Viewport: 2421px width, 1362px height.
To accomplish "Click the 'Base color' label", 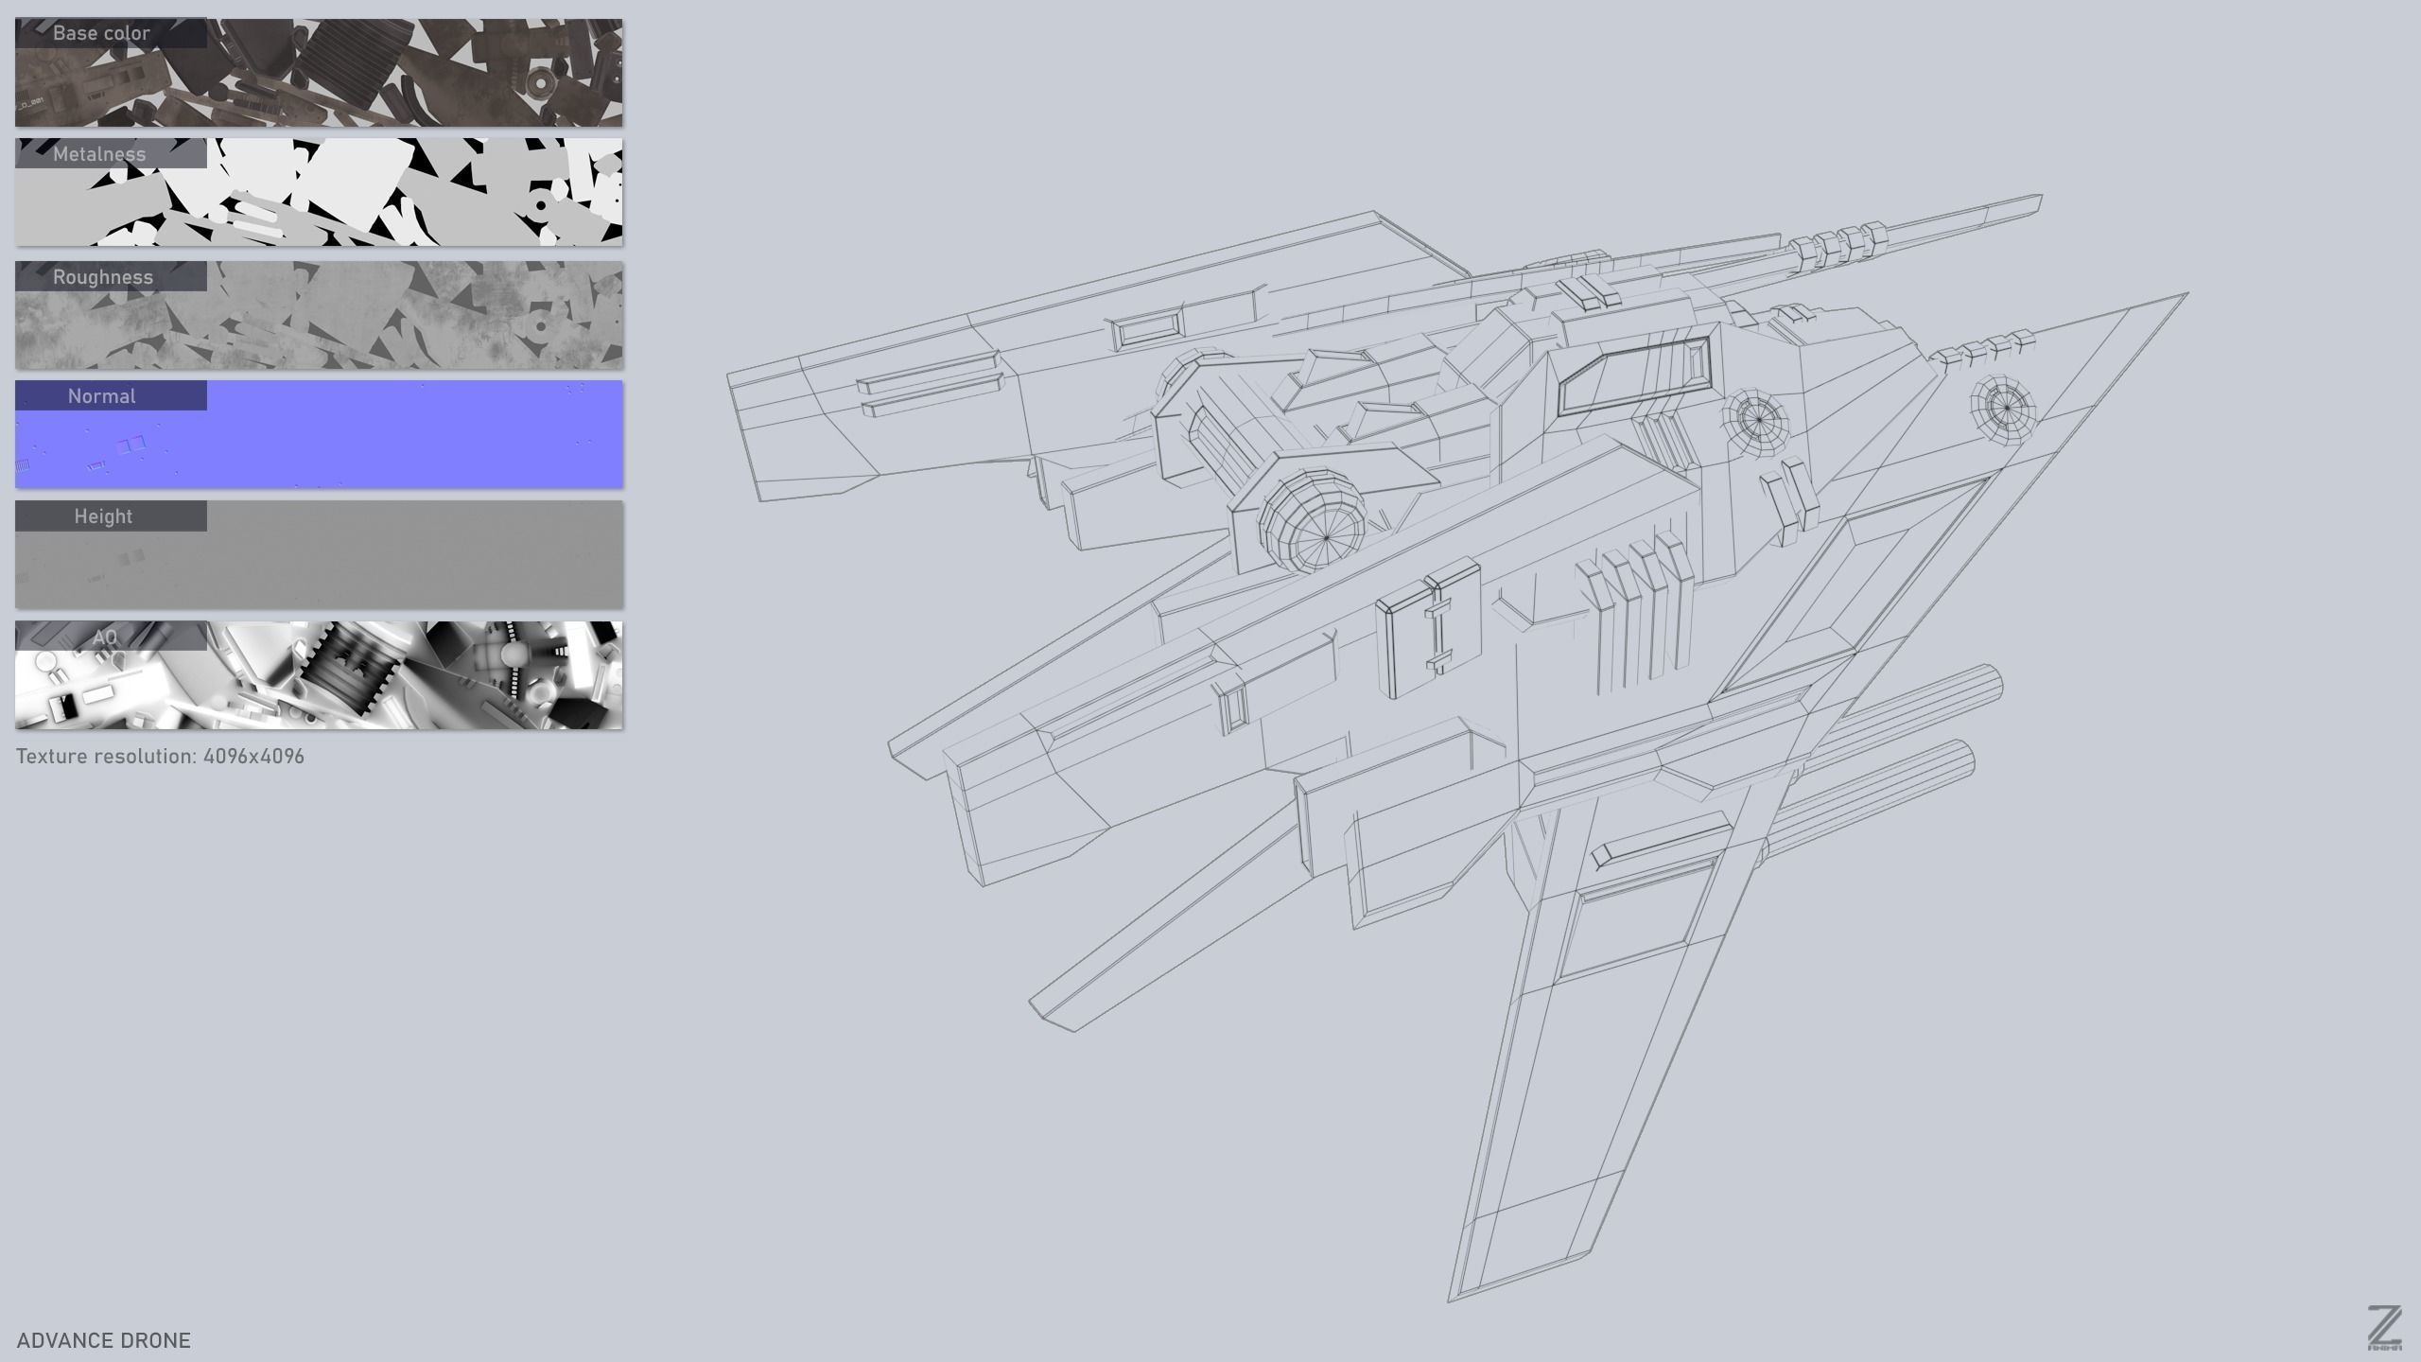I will coord(101,33).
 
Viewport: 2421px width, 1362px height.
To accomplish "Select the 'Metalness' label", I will coord(99,154).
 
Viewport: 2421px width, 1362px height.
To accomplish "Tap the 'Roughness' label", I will coord(102,277).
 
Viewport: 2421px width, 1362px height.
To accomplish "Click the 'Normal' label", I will coord(101,396).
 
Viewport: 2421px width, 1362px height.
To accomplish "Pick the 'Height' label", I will coord(103,516).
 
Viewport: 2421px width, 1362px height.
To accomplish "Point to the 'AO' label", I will coord(105,637).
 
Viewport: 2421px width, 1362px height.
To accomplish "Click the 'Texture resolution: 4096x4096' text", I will coord(160,757).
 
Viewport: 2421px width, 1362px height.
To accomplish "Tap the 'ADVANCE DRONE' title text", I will coord(104,1340).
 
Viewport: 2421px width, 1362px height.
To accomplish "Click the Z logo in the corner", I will coord(2384,1326).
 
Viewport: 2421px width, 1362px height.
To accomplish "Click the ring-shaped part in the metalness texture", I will coord(542,205).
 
